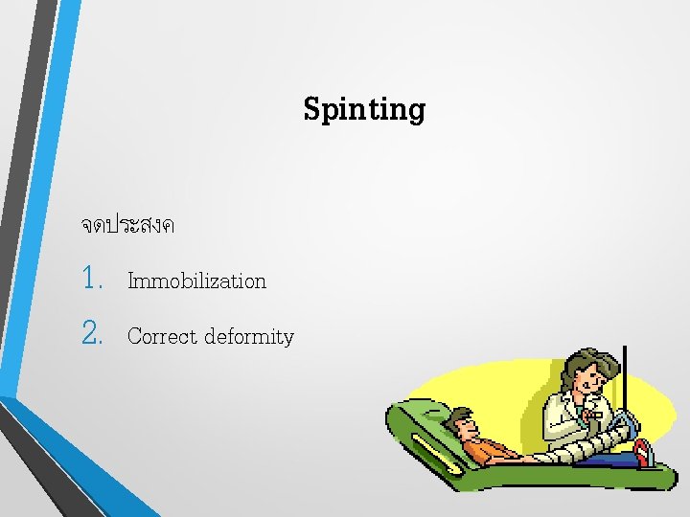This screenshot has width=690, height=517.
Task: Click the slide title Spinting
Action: coord(364,110)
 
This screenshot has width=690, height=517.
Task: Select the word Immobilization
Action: coord(196,281)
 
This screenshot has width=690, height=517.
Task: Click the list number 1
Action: coord(92,280)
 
